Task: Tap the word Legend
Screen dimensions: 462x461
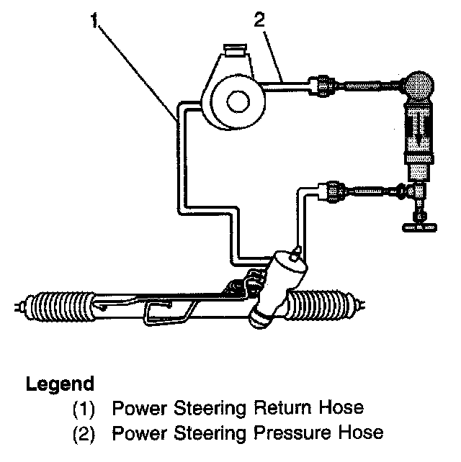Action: [x=60, y=383]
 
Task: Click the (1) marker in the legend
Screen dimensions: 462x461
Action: [x=85, y=408]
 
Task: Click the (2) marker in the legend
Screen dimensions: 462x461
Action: [x=85, y=432]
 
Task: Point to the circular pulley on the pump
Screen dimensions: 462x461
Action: [x=236, y=101]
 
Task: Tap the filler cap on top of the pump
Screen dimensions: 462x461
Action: [x=234, y=51]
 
